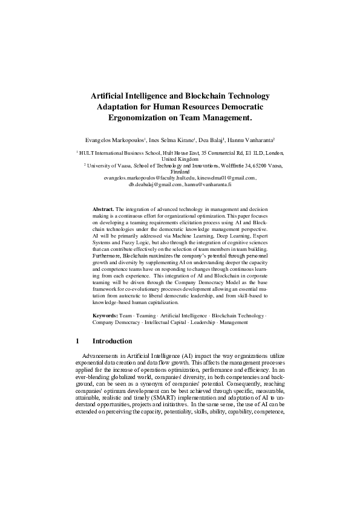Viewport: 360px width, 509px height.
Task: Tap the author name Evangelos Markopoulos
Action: click(x=119, y=139)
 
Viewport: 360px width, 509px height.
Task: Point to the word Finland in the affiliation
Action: click(x=180, y=172)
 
